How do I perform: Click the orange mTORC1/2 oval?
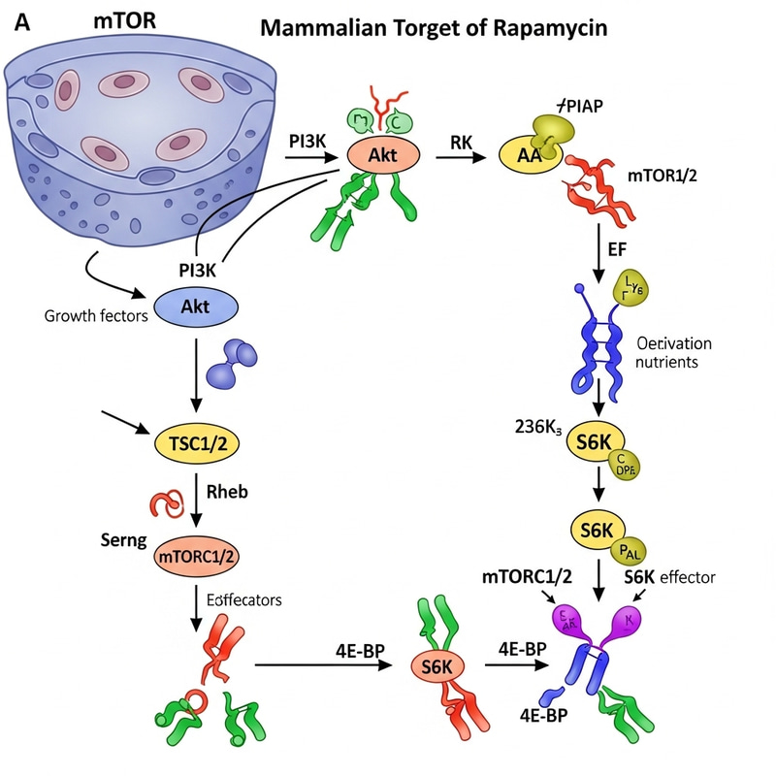197,555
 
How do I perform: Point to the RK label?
461,143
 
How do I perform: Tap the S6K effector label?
669,577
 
